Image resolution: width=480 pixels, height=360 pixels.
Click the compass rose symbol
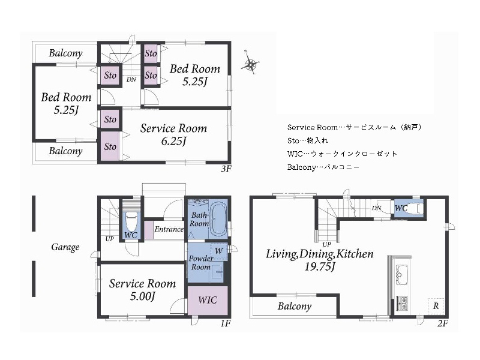[x=251, y=64]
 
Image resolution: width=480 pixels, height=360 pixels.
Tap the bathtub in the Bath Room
[x=218, y=219]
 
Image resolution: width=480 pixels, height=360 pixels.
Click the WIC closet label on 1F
[x=208, y=300]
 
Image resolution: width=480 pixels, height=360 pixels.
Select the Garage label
[x=65, y=247]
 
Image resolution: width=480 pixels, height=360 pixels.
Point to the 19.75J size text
[x=320, y=267]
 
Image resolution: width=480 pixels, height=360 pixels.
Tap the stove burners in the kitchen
[x=402, y=303]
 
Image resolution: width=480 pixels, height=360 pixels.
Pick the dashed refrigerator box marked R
[x=436, y=305]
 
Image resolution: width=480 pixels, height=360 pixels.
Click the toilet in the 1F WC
[x=131, y=223]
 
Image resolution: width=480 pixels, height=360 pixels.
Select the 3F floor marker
[x=226, y=169]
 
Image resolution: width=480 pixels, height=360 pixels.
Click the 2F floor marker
[x=443, y=323]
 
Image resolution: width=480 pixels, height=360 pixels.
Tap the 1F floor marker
[x=225, y=323]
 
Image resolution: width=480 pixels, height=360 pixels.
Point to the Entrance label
[x=169, y=229]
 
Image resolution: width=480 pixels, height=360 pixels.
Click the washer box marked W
[x=218, y=251]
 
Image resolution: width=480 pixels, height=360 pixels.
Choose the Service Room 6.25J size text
[x=173, y=141]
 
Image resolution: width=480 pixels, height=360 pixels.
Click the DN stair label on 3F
[x=131, y=79]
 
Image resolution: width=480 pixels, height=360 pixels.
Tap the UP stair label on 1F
[x=109, y=239]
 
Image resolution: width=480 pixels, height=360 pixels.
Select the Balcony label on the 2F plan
[x=295, y=306]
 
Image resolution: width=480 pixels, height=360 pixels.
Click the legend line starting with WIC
[x=342, y=154]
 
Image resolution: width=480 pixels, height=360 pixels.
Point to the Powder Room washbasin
[x=217, y=271]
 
